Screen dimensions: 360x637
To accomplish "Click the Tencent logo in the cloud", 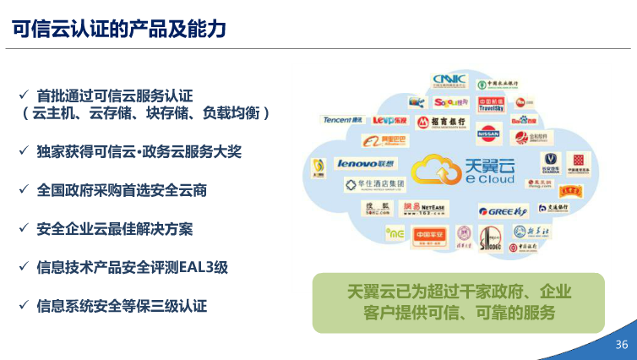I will tap(341, 120).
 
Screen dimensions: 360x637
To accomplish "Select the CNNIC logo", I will tap(449, 81).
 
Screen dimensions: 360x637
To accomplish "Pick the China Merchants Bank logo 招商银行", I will tap(440, 123).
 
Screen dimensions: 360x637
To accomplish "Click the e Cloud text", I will tap(489, 178).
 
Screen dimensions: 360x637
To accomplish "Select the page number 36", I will tap(621, 345).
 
